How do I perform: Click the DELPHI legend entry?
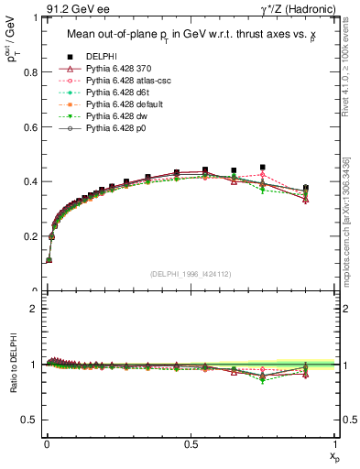click(101, 58)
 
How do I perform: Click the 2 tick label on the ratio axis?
click(32, 309)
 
